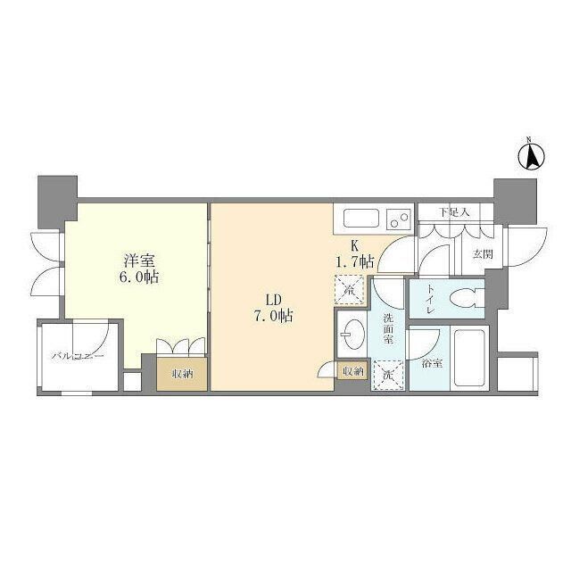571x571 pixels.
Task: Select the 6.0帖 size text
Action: pyautogui.click(x=140, y=277)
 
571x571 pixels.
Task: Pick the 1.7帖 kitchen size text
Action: pyautogui.click(x=354, y=262)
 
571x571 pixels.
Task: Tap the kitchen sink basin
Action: pyautogui.click(x=360, y=218)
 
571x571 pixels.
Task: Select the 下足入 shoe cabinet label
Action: pyautogui.click(x=455, y=212)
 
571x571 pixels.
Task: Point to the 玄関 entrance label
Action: pyautogui.click(x=482, y=254)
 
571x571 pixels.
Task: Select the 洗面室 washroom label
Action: pyautogui.click(x=388, y=329)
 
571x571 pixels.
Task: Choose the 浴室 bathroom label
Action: pyautogui.click(x=432, y=364)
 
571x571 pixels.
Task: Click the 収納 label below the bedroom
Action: pyautogui.click(x=182, y=374)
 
